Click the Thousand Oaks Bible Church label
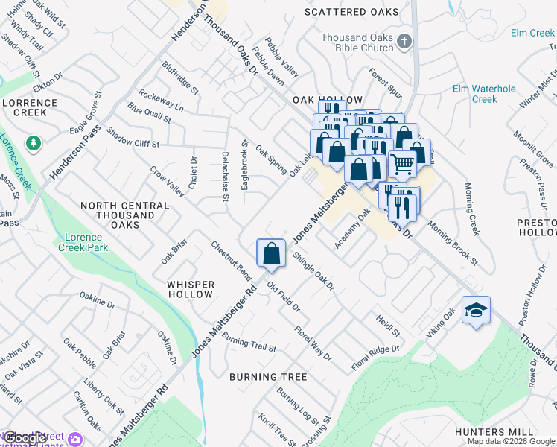tap(357, 42)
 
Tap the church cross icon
tap(404, 42)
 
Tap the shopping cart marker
tap(402, 163)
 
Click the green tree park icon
tap(33, 142)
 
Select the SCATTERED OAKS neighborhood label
tap(351, 12)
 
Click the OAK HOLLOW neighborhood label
tap(328, 100)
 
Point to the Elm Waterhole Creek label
tap(485, 94)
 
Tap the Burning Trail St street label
tap(249, 343)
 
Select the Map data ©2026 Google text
tap(511, 441)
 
